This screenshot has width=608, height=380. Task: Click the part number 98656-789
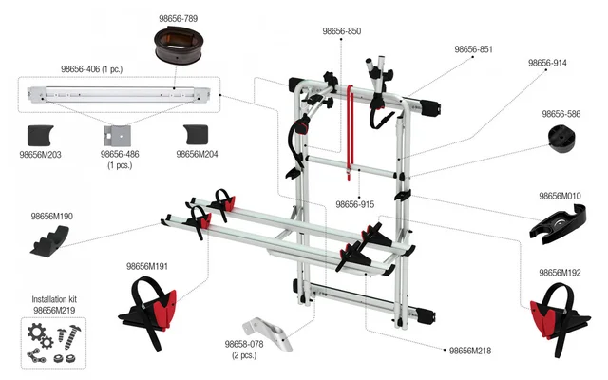178,18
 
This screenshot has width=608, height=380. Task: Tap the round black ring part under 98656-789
179,46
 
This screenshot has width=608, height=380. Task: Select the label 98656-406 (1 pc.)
92,69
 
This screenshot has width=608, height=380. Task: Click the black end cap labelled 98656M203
40,135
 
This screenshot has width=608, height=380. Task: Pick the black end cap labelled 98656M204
196,135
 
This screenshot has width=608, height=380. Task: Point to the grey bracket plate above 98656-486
118,136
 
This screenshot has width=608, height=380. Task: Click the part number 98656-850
342,31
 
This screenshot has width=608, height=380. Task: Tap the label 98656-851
473,49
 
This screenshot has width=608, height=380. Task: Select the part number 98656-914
547,63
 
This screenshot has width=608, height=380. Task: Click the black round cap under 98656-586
561,139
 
